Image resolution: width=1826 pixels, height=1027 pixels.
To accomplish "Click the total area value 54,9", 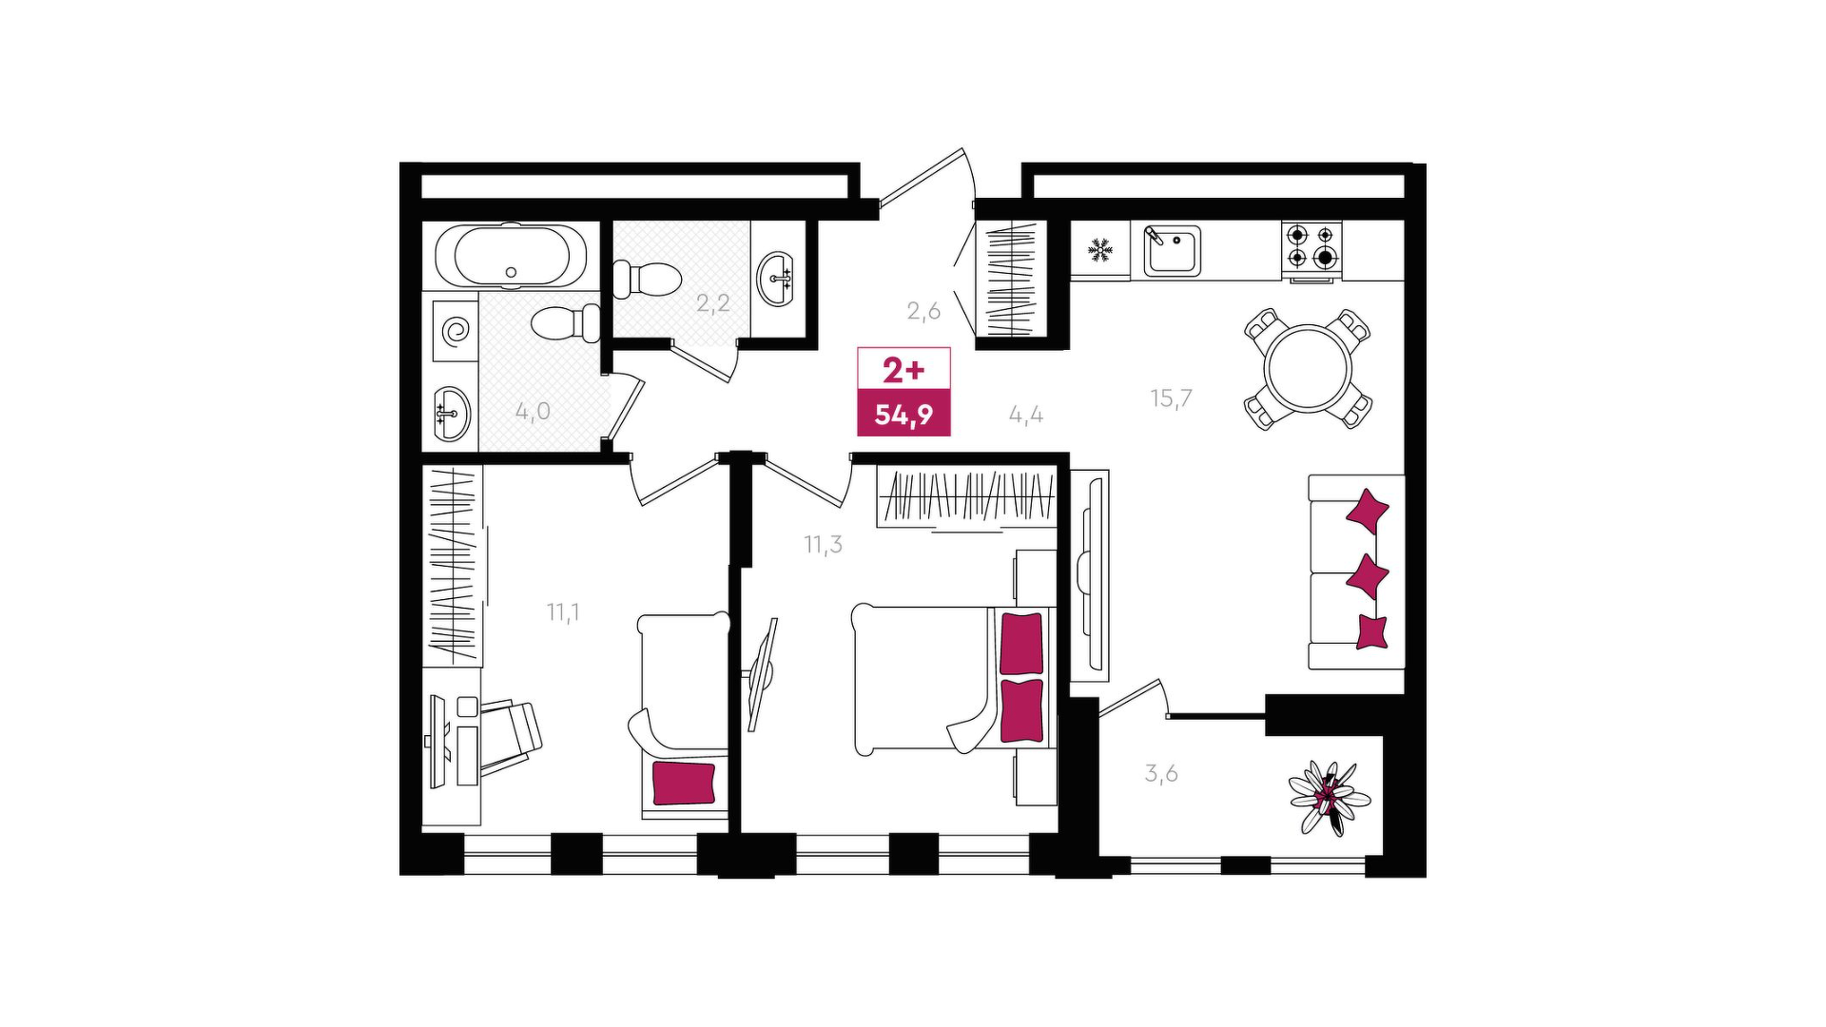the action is [x=903, y=415].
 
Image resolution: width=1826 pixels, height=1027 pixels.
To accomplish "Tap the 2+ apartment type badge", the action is [x=903, y=369].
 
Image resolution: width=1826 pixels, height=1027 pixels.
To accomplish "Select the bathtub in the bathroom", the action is [x=512, y=256].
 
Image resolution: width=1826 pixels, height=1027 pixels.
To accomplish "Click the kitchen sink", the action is [x=1172, y=250].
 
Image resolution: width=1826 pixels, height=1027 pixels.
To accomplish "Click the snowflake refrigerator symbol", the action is [x=1100, y=251].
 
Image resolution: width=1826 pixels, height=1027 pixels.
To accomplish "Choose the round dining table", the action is [x=1308, y=369].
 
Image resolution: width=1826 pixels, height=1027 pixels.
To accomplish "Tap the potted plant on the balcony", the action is [x=1330, y=798].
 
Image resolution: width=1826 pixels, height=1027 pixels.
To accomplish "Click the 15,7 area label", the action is [x=1171, y=397].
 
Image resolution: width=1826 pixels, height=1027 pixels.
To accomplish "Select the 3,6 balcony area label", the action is [x=1161, y=773].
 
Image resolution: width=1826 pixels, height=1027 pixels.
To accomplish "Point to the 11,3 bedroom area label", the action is [x=823, y=545].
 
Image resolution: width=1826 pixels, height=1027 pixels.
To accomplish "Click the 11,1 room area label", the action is [x=563, y=612].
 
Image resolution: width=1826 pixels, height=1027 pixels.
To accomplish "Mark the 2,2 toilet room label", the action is [x=713, y=303].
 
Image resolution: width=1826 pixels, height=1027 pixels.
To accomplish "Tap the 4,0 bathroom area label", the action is [x=533, y=412].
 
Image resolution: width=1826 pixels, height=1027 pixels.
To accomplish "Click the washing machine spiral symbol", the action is [x=456, y=331].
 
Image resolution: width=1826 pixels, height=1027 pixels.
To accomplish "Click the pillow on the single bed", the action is [x=683, y=783].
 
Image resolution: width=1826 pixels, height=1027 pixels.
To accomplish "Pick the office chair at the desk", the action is [x=509, y=733].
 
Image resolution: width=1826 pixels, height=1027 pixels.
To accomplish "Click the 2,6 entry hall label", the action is [x=923, y=311].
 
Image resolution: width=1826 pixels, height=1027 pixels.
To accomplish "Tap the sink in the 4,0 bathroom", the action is [x=452, y=414].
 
